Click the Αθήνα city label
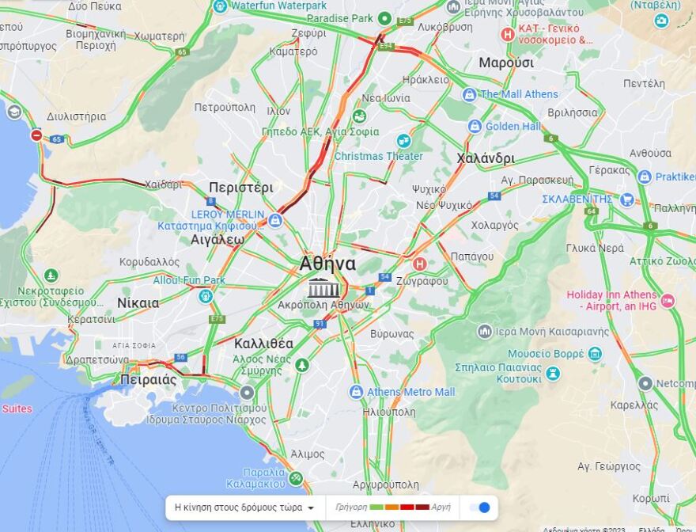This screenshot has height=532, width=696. (327, 264)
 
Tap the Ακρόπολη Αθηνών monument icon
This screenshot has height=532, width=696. (323, 287)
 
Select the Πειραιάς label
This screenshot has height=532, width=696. (149, 379)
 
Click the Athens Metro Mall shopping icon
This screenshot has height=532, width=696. (356, 392)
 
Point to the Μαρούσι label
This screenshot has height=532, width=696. (506, 63)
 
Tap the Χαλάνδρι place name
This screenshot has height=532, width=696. (485, 158)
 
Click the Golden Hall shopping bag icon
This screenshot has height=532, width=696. (475, 126)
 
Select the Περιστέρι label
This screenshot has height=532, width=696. (240, 188)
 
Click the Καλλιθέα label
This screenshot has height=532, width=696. (263, 344)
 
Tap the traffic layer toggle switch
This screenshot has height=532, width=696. (479, 507)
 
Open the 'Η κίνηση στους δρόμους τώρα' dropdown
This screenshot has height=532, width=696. (244, 507)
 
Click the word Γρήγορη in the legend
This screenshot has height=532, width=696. (351, 507)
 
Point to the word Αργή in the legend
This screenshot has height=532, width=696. (441, 507)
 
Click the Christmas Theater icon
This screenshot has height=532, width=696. (404, 141)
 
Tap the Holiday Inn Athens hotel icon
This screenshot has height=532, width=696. (668, 301)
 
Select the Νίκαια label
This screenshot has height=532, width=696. (138, 302)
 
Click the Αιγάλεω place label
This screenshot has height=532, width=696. (217, 239)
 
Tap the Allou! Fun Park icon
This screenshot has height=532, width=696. (206, 296)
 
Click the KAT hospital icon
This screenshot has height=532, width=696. (507, 34)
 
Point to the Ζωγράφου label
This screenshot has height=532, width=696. (424, 280)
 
